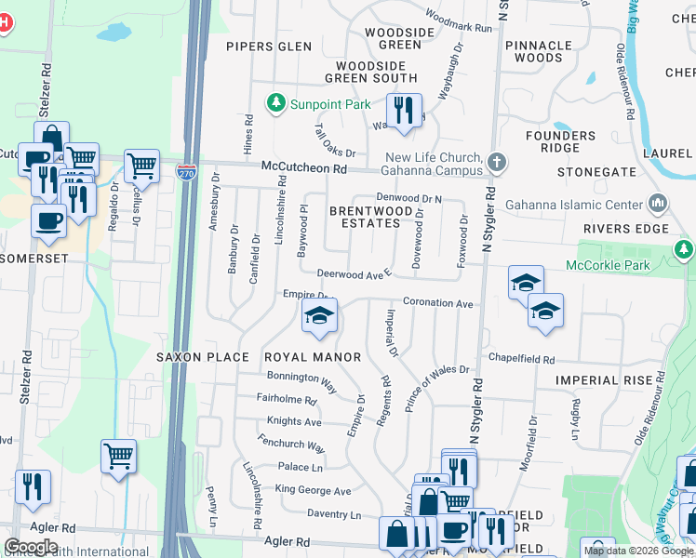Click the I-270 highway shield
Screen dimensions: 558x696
pyautogui.click(x=186, y=171)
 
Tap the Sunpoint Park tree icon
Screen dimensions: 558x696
pyautogui.click(x=275, y=102)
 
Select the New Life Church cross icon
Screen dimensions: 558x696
pyautogui.click(x=498, y=163)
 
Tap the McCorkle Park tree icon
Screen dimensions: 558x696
pyautogui.click(x=684, y=249)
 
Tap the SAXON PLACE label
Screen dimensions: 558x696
pyautogui.click(x=202, y=357)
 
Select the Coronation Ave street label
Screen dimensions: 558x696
pyautogui.click(x=437, y=303)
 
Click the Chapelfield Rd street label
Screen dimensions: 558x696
pyautogui.click(x=521, y=359)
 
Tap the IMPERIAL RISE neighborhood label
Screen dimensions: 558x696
pyautogui.click(x=600, y=380)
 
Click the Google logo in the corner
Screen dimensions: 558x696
pyautogui.click(x=31, y=547)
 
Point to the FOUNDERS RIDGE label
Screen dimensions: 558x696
pyautogui.click(x=567, y=141)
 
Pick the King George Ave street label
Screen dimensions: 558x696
pyautogui.click(x=313, y=491)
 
